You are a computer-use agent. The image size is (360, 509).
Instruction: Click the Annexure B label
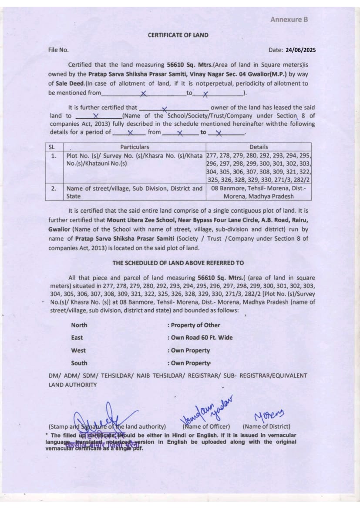[x=289, y=20]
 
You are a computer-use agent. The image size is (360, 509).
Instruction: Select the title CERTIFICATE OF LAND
[x=178, y=35]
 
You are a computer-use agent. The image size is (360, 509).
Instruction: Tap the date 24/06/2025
[x=301, y=50]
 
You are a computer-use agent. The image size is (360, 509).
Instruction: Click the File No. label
[x=58, y=50]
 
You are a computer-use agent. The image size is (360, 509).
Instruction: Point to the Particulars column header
[x=135, y=147]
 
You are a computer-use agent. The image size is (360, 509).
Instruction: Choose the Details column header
[x=259, y=147]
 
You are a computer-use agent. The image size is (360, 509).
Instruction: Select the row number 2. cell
[x=54, y=188]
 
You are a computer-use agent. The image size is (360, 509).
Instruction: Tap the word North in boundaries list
[x=79, y=325]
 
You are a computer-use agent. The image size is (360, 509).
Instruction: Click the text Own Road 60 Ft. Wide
[x=202, y=338]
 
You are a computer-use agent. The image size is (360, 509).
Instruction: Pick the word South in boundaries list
[x=79, y=363]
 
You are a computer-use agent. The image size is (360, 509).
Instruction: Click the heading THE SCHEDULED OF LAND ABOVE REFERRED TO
[x=178, y=263]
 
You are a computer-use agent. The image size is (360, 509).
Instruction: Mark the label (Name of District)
[x=266, y=427]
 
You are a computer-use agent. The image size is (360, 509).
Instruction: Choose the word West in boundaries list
[x=78, y=350]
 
